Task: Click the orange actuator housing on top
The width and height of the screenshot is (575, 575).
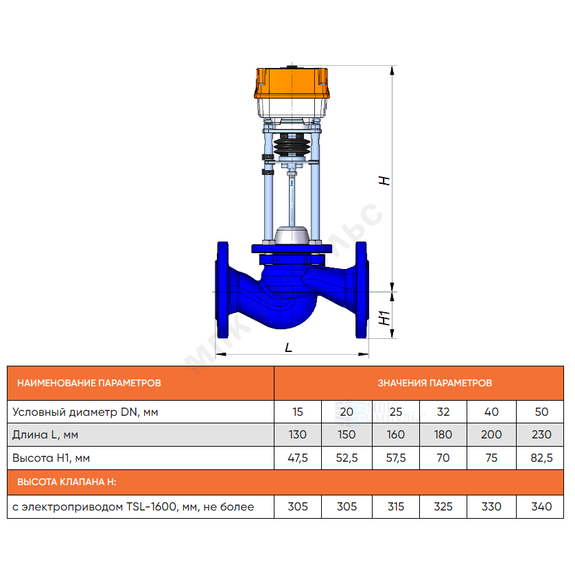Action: [292, 83]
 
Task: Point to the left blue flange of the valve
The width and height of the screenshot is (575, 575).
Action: [222, 290]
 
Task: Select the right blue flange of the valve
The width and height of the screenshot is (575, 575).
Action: [362, 290]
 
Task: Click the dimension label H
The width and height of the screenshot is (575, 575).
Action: [384, 180]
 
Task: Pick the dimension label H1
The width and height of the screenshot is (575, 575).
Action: [384, 318]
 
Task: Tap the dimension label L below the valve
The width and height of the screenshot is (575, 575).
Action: [289, 347]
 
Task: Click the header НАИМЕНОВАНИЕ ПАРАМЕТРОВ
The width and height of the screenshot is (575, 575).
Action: [89, 383]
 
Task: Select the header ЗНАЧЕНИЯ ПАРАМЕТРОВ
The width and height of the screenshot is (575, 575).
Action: [435, 383]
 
